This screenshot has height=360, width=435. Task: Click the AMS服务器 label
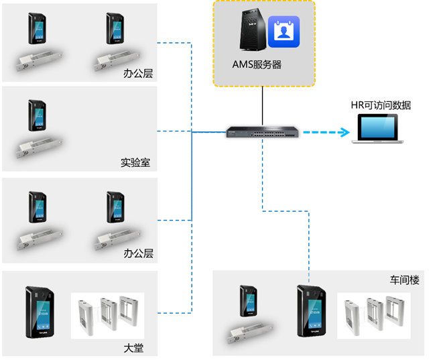pyautogui.click(x=256, y=65)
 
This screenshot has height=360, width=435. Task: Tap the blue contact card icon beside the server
pyautogui.click(x=284, y=32)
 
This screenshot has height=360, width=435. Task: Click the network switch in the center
pyautogui.click(x=263, y=131)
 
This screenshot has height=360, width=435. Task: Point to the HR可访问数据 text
pyautogui.click(x=381, y=105)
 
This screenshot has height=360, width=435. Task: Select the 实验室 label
pyautogui.click(x=135, y=162)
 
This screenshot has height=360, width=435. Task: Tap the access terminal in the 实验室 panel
pyautogui.click(x=37, y=115)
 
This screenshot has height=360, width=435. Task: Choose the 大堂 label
pyautogui.click(x=133, y=348)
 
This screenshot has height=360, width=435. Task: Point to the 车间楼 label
pyautogui.click(x=404, y=280)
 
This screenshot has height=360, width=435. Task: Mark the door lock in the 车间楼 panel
pyautogui.click(x=251, y=330)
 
